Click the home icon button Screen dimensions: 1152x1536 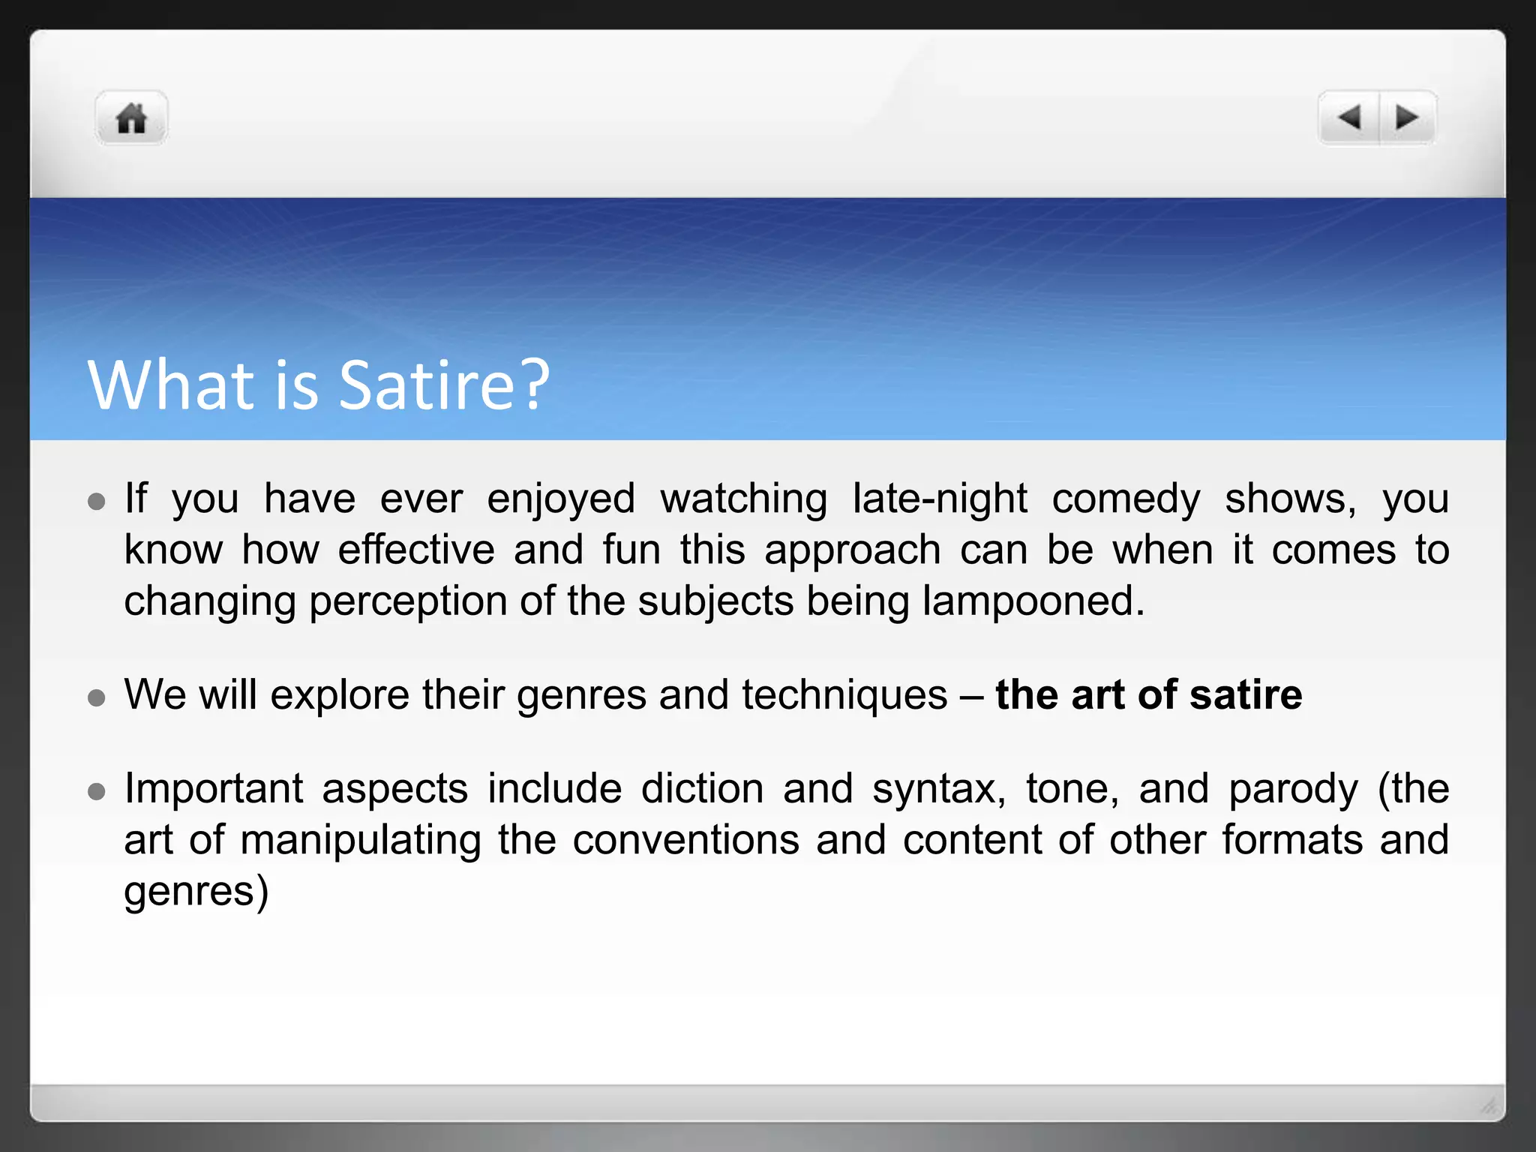tap(131, 118)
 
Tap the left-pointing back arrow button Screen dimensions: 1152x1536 tap(1349, 118)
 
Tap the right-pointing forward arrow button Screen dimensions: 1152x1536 tap(1406, 118)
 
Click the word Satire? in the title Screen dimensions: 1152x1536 tap(444, 385)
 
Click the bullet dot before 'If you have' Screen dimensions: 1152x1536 tap(96, 501)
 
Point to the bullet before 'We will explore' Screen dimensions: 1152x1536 tap(96, 697)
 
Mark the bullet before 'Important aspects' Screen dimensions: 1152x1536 tap(96, 791)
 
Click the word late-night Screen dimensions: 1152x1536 tap(940, 499)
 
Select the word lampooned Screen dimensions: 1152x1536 tap(1033, 601)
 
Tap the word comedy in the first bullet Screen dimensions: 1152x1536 tap(1126, 499)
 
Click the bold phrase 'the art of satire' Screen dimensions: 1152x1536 tap(1148, 694)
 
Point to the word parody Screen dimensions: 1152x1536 tap(1293, 790)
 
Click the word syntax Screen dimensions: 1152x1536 tap(938, 790)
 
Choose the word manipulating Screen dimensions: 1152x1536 tap(360, 841)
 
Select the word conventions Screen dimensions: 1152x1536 tap(685, 841)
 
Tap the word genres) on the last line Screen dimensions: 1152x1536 tap(196, 892)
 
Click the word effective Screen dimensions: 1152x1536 tap(415, 550)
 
